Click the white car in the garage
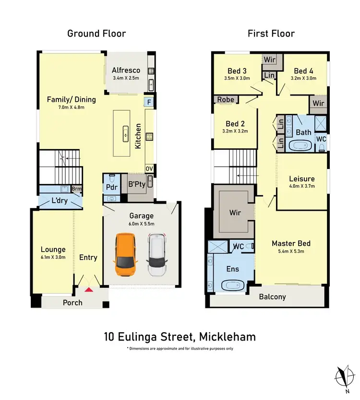(156, 255)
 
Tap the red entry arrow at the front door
(88, 289)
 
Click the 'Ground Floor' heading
(96, 33)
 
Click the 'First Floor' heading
(271, 33)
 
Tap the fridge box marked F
(149, 102)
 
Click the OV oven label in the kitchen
(149, 169)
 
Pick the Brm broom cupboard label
(76, 189)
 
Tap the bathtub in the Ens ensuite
(232, 286)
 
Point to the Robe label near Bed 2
(226, 100)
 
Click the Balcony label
(272, 297)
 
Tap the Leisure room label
(301, 179)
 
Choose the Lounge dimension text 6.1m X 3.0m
(53, 257)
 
